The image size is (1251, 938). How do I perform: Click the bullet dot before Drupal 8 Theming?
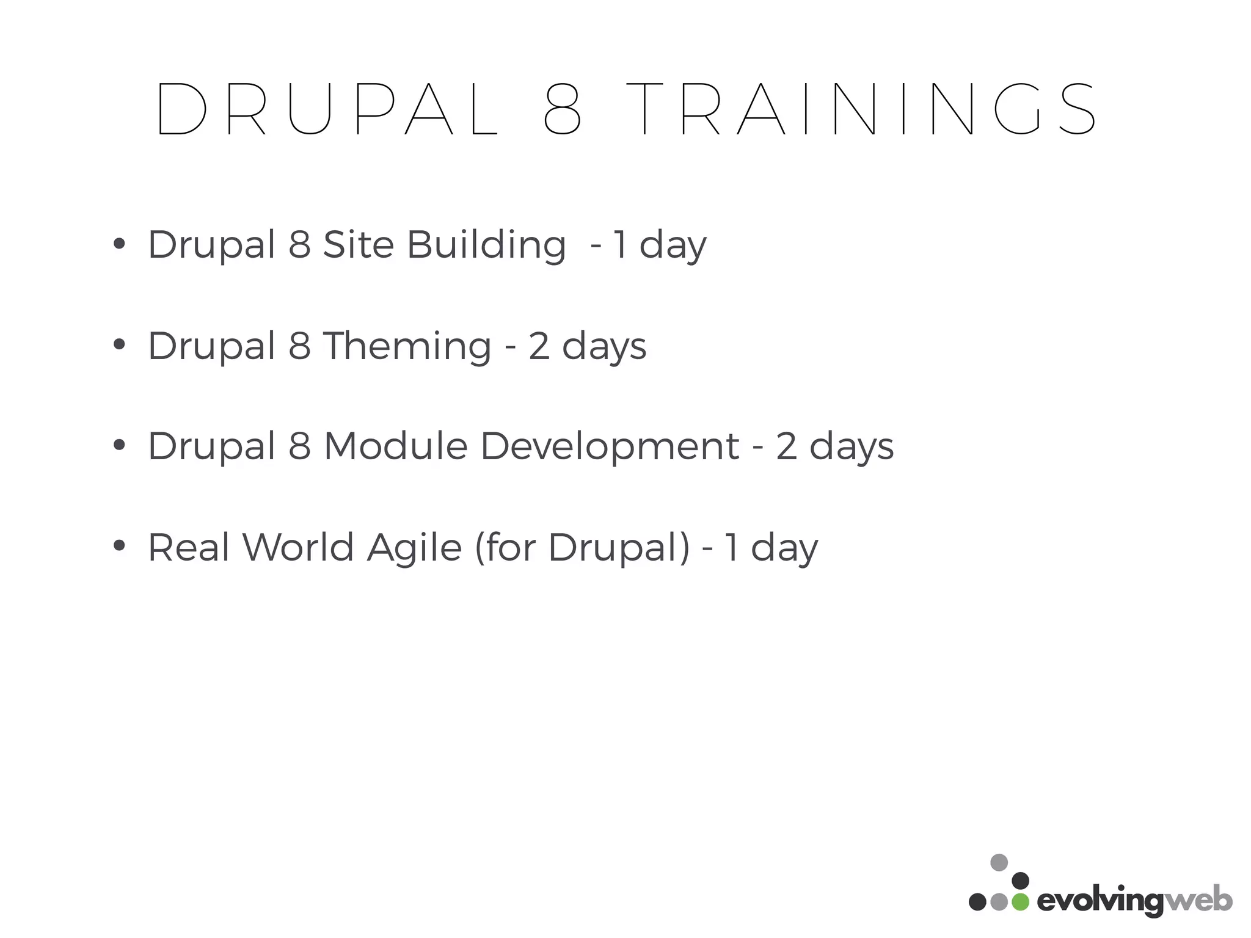coord(119,344)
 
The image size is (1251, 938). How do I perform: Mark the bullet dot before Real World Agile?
coord(119,545)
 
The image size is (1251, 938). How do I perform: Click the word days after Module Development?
coord(852,447)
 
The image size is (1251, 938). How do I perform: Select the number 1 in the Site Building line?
coord(619,245)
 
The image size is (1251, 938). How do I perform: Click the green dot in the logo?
coord(1020,902)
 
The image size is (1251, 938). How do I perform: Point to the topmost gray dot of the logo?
coord(999,862)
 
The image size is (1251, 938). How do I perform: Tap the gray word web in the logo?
coord(1198,901)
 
